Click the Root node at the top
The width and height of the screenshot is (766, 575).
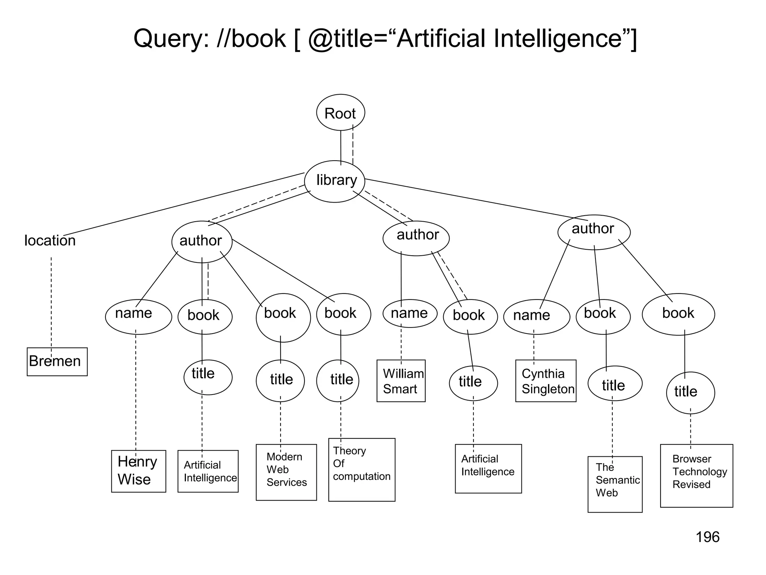click(340, 113)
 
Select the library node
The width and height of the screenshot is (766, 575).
click(335, 181)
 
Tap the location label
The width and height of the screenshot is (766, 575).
click(50, 240)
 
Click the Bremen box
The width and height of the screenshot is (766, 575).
click(57, 362)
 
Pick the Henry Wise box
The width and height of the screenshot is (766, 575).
click(138, 471)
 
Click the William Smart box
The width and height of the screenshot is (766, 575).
click(401, 381)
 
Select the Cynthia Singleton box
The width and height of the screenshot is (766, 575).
click(546, 381)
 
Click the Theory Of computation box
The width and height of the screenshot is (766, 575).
click(362, 469)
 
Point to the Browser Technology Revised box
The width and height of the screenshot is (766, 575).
click(696, 475)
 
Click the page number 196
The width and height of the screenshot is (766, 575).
click(707, 537)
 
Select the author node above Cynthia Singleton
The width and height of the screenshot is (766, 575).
click(594, 232)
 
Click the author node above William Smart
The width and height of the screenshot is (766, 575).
click(416, 238)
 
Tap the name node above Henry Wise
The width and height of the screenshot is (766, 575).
click(138, 316)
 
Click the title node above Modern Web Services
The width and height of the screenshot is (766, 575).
click(280, 380)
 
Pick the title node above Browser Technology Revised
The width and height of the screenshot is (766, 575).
click(690, 392)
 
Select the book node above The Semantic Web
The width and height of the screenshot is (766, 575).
click(603, 316)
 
